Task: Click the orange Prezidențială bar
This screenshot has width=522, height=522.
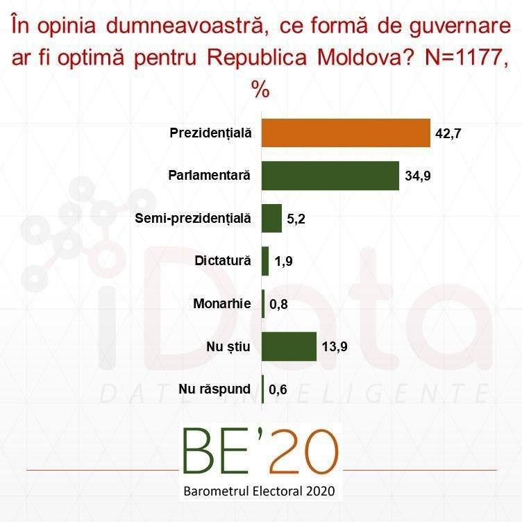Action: pos(346,133)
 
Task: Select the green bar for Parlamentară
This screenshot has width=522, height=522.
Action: pos(330,176)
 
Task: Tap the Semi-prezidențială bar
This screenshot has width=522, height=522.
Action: pos(271,219)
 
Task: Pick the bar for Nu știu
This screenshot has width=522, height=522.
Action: pos(289,346)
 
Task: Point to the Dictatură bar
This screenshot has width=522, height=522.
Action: pos(265,261)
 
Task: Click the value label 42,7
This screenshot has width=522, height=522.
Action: pos(448,133)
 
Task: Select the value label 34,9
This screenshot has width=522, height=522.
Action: pos(418,176)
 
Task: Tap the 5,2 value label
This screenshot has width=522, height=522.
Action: pos(296,219)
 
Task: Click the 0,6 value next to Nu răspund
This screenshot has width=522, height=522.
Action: pos(278,389)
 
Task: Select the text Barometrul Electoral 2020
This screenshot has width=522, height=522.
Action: pos(260,491)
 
